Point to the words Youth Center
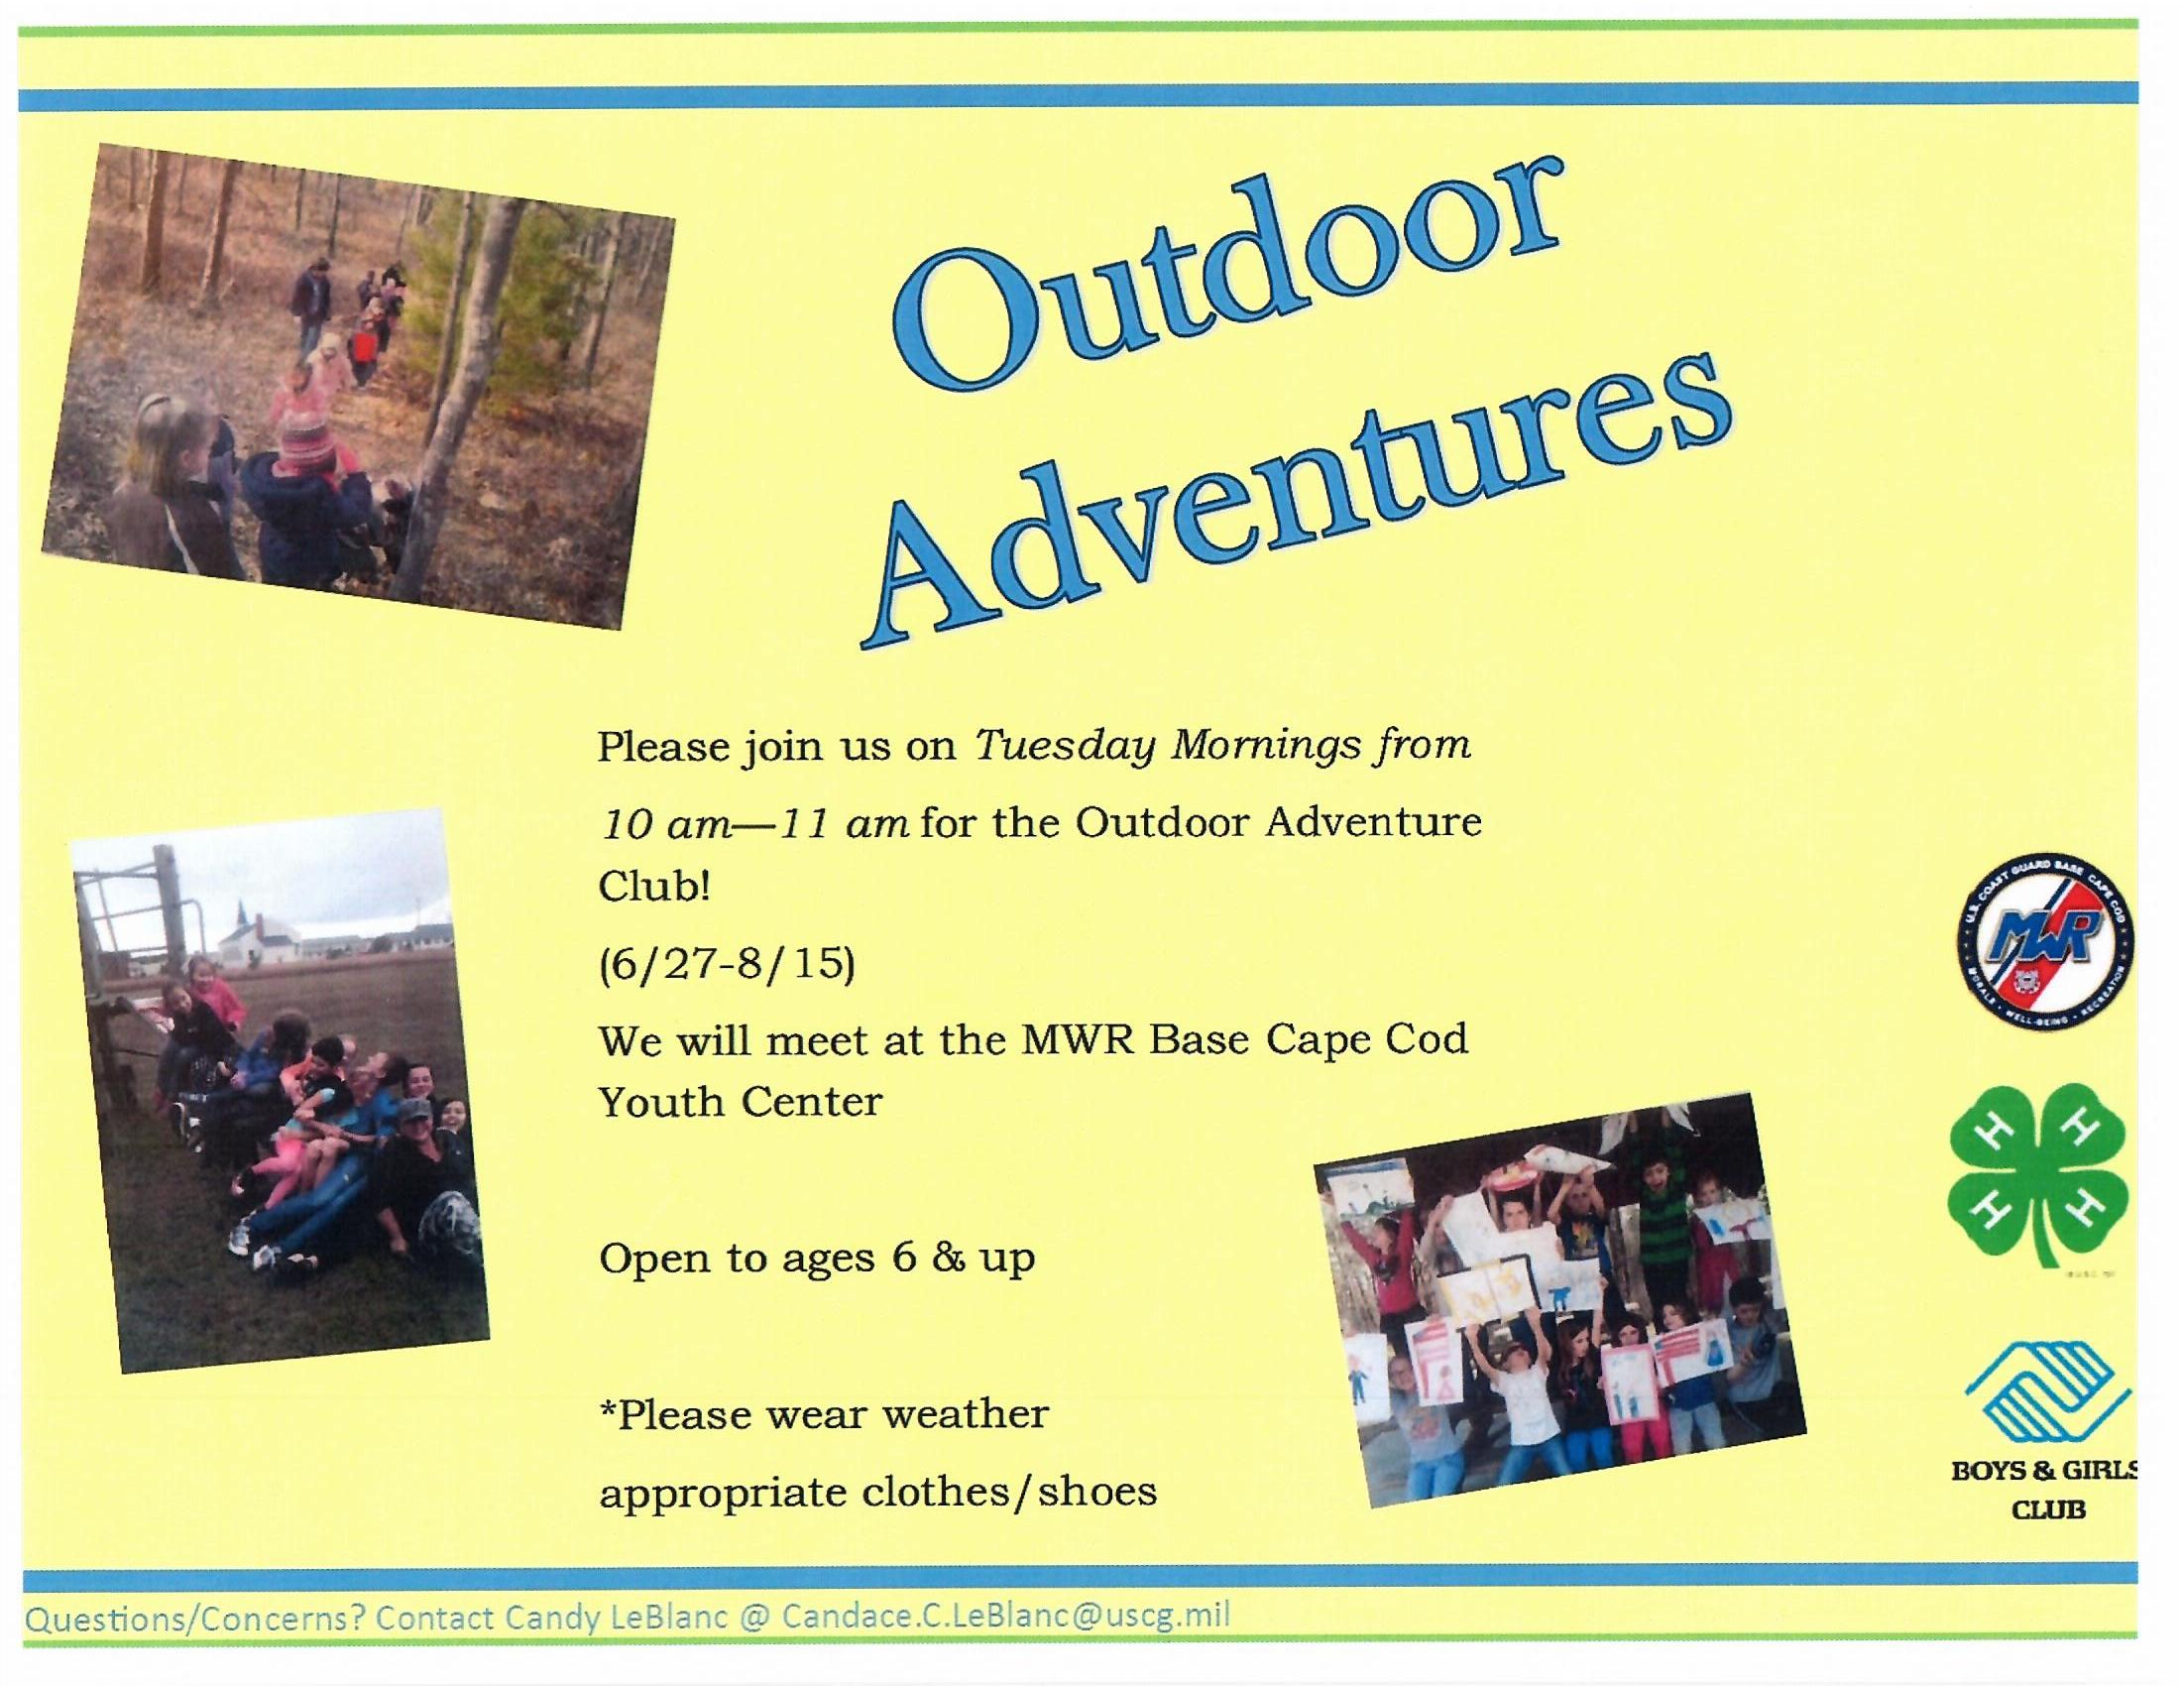coord(741,1103)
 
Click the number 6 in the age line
coord(904,1258)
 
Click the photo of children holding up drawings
coord(1560,1300)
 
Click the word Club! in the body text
coord(654,886)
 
